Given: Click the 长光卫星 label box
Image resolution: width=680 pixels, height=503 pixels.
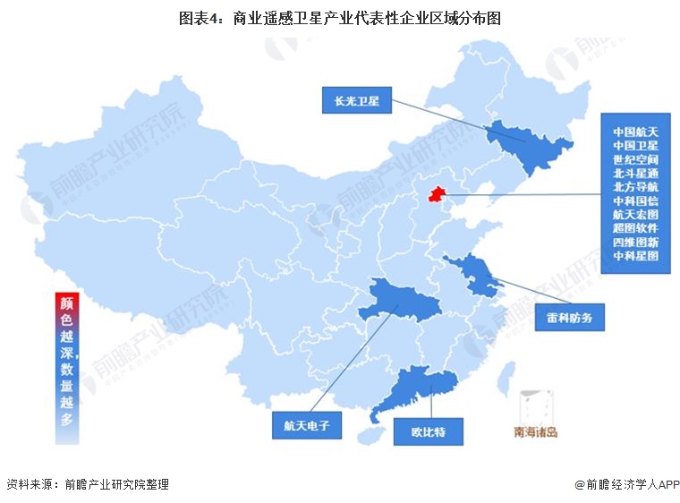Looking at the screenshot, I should [x=357, y=101].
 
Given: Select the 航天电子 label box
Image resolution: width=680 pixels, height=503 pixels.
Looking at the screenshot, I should [x=307, y=426].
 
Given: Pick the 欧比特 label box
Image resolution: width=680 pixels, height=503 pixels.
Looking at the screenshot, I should [x=428, y=433].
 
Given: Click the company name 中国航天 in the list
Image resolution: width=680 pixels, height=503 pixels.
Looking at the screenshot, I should [x=635, y=131].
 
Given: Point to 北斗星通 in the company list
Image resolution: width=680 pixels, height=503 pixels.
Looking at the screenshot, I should [x=635, y=172].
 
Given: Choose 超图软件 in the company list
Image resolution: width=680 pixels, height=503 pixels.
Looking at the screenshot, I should [x=635, y=227].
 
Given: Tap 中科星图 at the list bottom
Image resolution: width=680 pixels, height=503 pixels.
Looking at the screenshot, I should [x=635, y=255].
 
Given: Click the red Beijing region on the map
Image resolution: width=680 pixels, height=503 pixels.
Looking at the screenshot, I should [x=437, y=194].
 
